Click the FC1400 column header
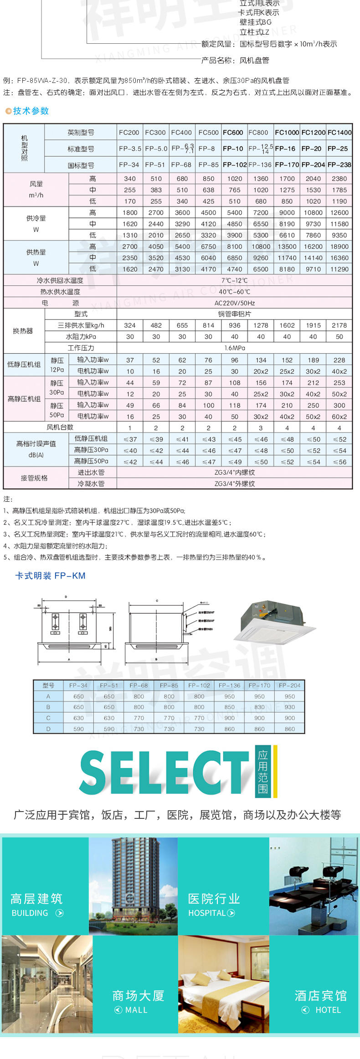pos(339,133)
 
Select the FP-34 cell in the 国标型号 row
pos(129,165)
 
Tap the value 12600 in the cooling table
pos(339,213)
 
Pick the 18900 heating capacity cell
pos(339,247)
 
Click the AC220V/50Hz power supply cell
pos(234,303)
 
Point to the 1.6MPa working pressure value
pos(234,348)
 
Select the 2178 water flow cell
pos(339,325)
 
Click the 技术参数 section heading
pos(31,111)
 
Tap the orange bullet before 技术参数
pos(8,111)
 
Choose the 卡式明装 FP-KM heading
pos(50,576)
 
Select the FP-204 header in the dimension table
pos(289,685)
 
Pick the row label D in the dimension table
pos(48,729)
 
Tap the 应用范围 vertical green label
pos(263,771)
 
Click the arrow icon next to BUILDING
pos(59,913)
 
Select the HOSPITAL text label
pos(207,913)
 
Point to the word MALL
pos(136,1010)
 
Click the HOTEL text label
pos(328,1010)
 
